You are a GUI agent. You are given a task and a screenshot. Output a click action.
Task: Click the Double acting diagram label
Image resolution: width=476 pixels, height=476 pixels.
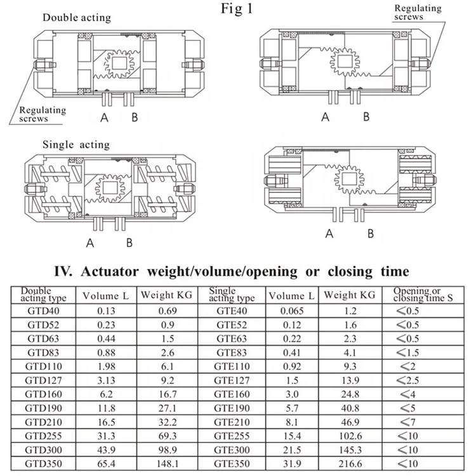point(77,17)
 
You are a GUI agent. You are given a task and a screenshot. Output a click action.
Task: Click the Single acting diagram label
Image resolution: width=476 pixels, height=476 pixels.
point(76,145)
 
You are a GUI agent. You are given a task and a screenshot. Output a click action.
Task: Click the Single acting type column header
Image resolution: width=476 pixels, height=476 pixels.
point(232,294)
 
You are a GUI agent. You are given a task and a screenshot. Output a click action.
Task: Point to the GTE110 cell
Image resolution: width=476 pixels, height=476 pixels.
point(232,366)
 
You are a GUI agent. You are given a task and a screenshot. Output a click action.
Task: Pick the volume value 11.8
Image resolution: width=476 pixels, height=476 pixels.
point(105,407)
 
